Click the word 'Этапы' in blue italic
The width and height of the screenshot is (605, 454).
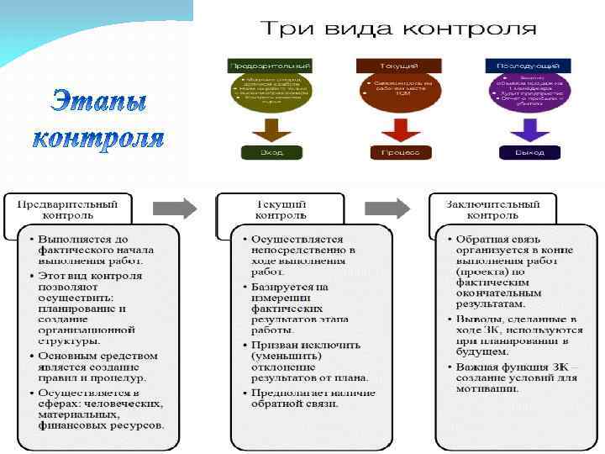pos(98,102)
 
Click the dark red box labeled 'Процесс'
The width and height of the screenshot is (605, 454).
pos(400,152)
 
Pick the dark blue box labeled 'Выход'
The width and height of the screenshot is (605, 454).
pos(530,152)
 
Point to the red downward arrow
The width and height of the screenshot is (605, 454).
pos(400,129)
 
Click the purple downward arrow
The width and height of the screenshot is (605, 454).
pos(530,129)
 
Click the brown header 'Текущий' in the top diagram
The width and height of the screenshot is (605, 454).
pos(400,65)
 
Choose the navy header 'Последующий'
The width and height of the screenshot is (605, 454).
pos(529,65)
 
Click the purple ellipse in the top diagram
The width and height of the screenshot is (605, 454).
pos(529,92)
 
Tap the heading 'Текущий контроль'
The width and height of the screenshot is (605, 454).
pos(281,209)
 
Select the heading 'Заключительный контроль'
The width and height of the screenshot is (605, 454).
pos(493,209)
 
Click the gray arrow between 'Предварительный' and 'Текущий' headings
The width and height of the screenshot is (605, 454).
pos(175,209)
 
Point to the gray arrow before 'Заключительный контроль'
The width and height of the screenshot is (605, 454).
pos(387,209)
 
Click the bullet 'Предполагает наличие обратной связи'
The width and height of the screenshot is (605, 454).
pos(312,398)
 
